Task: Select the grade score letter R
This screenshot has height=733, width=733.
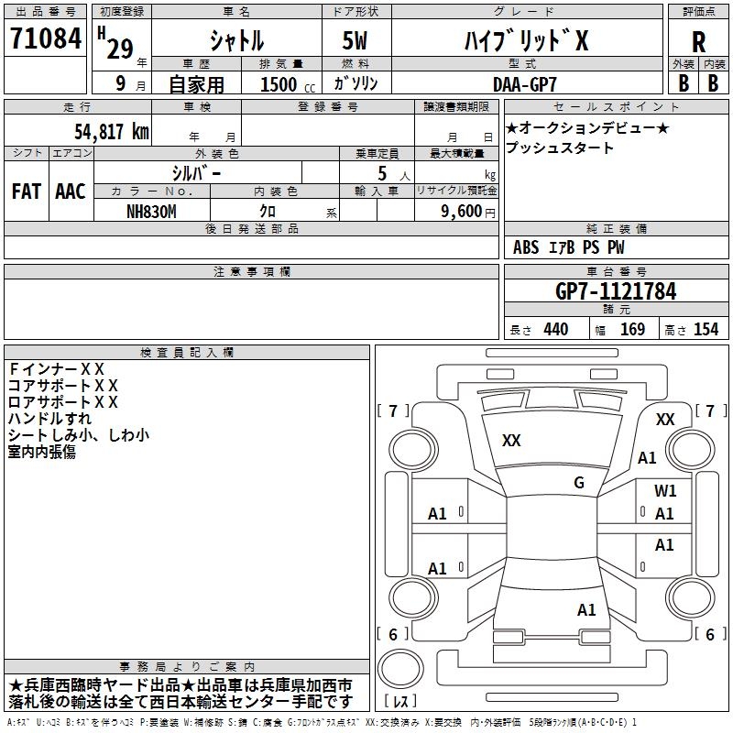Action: (x=698, y=42)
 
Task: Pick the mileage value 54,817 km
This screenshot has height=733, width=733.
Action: (x=111, y=131)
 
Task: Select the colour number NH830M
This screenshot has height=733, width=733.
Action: (x=152, y=210)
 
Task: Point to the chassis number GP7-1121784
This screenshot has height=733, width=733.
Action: (x=616, y=291)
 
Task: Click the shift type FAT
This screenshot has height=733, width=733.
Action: (x=26, y=191)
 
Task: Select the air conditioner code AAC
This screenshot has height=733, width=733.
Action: (x=71, y=191)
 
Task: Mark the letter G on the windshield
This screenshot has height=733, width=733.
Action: (x=579, y=483)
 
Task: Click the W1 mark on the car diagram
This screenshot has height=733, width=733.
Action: (x=665, y=491)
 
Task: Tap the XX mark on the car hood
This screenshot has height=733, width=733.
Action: (x=511, y=441)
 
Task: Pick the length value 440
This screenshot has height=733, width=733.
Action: (x=555, y=329)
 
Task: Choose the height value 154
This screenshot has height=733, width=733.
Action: (x=706, y=329)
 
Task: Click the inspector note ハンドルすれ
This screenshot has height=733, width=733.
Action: (x=49, y=419)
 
